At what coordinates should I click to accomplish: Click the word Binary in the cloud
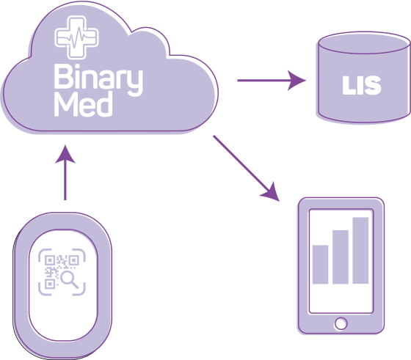(98, 80)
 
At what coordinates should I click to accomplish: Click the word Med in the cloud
(83, 104)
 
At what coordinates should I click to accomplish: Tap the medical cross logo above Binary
(76, 37)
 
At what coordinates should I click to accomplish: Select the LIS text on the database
(361, 85)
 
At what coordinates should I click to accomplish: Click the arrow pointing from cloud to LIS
(272, 81)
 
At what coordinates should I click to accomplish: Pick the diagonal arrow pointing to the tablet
(247, 169)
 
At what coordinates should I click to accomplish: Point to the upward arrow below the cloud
(65, 172)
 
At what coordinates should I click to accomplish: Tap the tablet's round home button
(341, 323)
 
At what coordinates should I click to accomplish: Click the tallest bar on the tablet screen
(360, 250)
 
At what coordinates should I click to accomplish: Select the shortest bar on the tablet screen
(320, 265)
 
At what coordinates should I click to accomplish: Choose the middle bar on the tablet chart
(341, 257)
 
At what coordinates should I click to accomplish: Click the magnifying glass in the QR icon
(70, 279)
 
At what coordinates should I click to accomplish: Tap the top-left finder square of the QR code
(50, 260)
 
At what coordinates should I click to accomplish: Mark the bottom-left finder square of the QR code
(50, 284)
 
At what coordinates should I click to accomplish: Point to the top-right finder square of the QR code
(73, 260)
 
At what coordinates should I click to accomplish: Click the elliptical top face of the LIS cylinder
(364, 43)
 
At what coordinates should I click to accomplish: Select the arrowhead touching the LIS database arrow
(297, 81)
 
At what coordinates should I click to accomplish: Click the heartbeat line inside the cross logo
(76, 38)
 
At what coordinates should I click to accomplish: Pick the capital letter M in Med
(66, 104)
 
